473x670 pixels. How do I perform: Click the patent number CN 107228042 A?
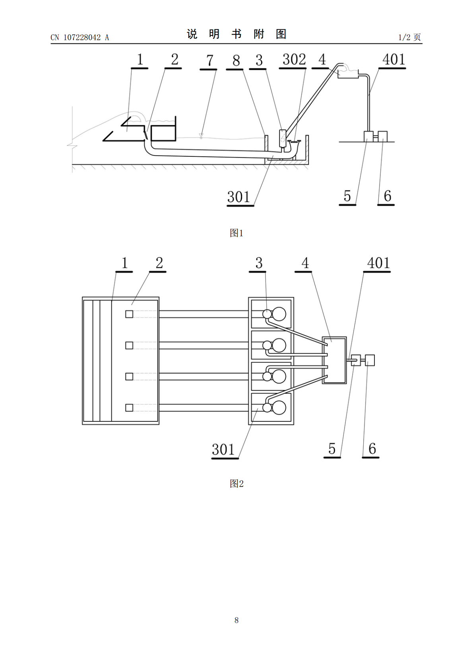79,37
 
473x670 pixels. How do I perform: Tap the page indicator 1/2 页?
409,37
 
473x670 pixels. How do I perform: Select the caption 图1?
236,233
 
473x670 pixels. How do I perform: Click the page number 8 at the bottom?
236,620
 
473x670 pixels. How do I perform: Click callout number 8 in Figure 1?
236,60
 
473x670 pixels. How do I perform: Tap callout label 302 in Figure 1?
294,59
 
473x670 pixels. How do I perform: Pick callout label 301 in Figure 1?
238,197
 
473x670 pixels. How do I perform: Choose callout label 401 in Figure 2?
378,263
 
